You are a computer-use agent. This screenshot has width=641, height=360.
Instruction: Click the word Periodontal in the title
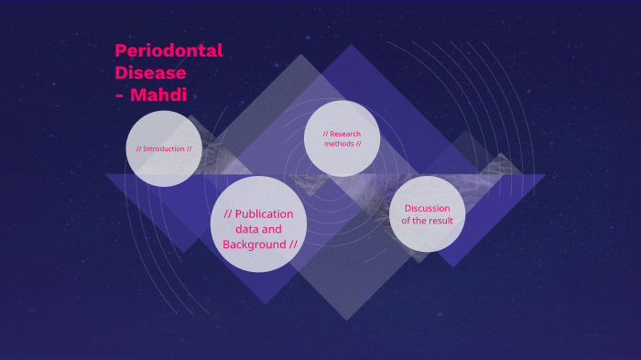tap(168, 51)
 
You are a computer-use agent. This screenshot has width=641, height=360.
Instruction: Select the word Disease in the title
tap(150, 72)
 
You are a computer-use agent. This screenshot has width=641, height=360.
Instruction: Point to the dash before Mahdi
tap(120, 94)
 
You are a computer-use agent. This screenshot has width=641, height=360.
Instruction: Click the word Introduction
tap(164, 148)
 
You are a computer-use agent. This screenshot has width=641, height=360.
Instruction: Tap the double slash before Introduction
tap(138, 148)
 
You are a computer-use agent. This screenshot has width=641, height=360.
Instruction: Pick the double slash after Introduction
tap(189, 148)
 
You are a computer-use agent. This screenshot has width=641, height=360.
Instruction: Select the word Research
tap(345, 134)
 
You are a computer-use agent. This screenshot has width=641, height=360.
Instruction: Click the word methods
tap(338, 144)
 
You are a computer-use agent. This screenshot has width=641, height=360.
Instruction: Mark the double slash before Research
tap(325, 134)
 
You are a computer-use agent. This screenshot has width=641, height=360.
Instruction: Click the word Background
tap(254, 245)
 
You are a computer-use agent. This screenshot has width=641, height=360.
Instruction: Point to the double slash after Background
tap(293, 245)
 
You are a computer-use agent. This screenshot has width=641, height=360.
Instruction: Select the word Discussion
tap(427, 208)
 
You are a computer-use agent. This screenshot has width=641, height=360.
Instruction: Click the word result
tap(439, 221)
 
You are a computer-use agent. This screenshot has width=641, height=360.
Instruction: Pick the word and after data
tap(272, 229)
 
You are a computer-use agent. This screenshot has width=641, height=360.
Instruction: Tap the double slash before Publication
tap(228, 213)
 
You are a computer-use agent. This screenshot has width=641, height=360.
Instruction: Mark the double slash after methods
tap(358, 144)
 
